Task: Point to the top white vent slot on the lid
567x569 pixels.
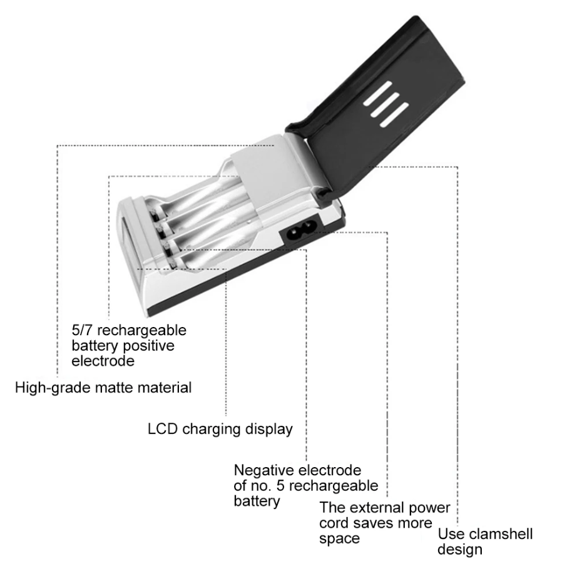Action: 378,93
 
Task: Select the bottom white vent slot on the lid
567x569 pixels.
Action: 394,114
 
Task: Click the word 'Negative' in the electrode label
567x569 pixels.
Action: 265,470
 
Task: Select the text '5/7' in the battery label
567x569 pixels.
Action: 83,330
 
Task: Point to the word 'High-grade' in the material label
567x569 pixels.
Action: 53,388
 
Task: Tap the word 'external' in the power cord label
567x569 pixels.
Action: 374,507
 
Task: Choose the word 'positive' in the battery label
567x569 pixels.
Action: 148,346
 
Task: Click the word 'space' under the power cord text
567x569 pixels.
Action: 340,539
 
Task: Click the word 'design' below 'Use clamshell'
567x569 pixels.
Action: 460,550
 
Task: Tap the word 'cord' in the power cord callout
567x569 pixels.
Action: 334,523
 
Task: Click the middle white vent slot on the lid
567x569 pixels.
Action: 386,104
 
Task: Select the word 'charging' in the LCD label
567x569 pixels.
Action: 212,430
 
